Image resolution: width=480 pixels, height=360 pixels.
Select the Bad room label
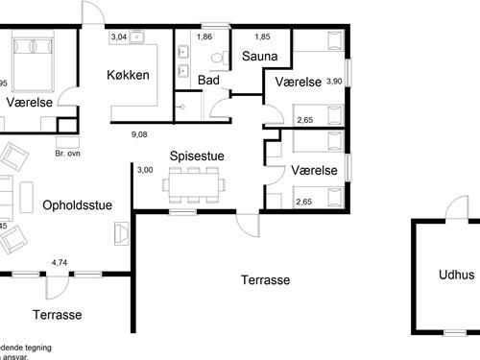point(208,81)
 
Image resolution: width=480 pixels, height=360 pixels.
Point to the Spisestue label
point(198,156)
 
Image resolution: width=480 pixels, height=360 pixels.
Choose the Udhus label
point(456,274)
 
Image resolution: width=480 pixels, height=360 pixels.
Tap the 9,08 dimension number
point(140,134)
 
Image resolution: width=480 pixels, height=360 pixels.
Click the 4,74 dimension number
point(60,260)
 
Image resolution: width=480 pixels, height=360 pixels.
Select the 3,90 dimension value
point(333,82)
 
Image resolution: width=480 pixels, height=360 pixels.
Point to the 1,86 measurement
point(204,36)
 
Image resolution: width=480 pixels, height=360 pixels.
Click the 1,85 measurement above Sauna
point(262,36)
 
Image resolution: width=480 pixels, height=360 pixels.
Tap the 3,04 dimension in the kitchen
point(119,36)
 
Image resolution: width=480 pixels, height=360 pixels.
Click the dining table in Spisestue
point(195,182)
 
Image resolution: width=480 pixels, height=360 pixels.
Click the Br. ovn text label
point(68,153)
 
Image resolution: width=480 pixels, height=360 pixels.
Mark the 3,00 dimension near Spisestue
point(144,170)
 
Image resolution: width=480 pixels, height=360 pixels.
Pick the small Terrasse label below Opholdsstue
point(57,314)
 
